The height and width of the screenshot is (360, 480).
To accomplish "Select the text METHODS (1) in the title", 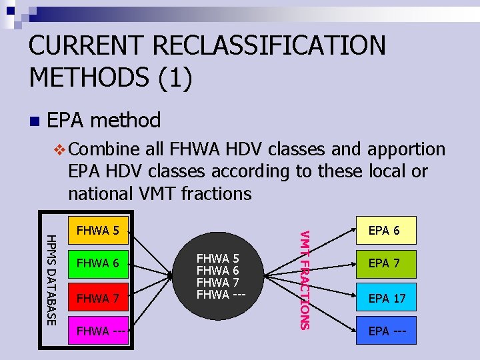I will [x=111, y=77].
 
